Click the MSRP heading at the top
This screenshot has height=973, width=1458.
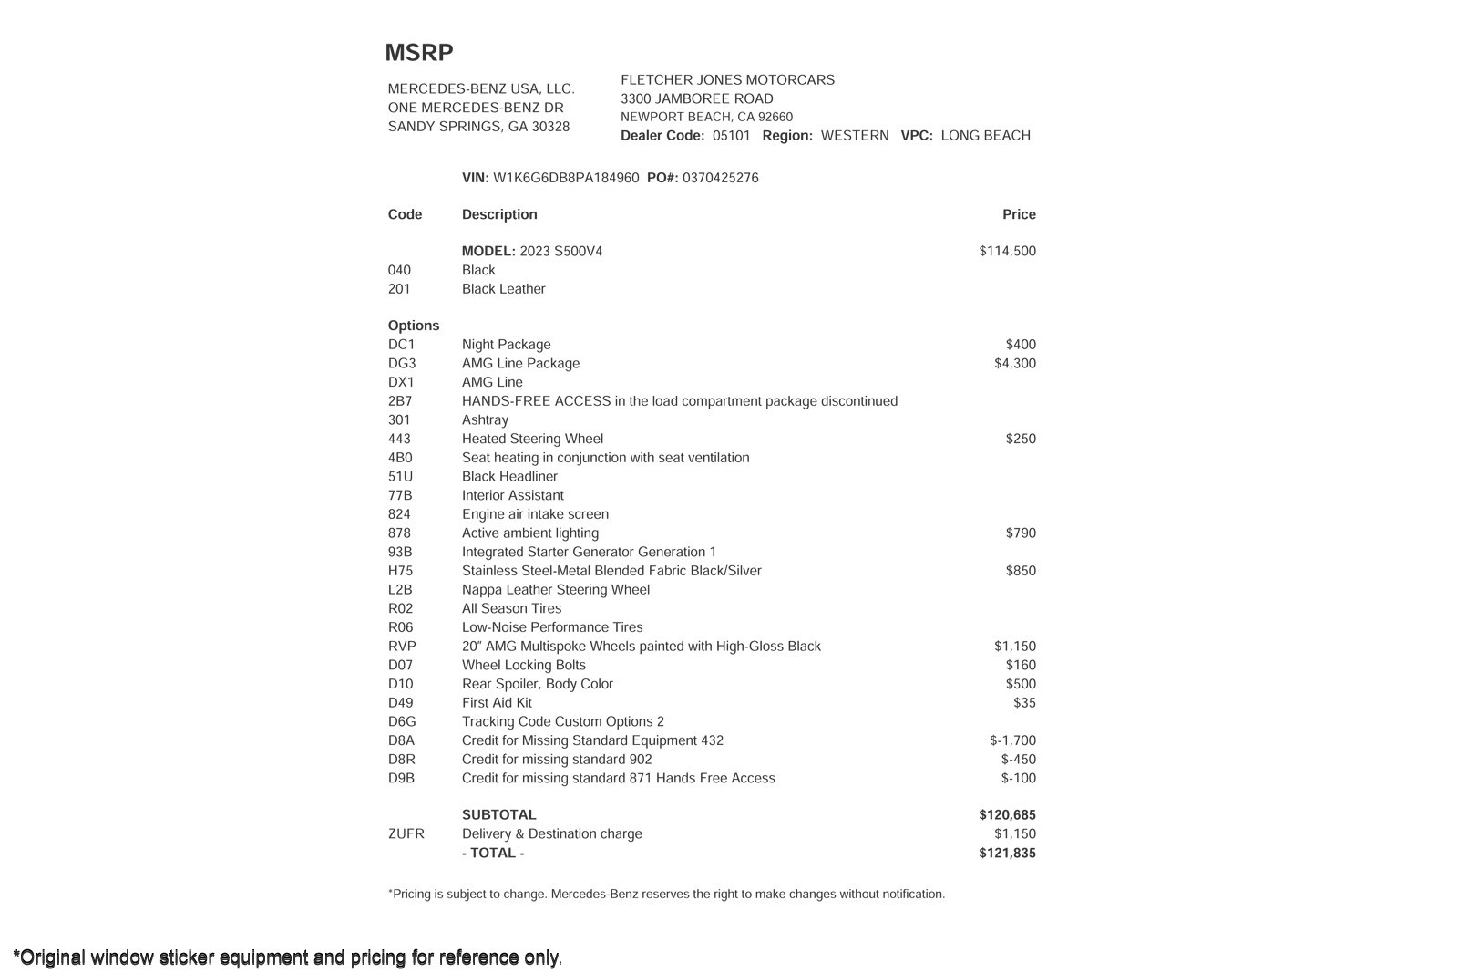coord(418,53)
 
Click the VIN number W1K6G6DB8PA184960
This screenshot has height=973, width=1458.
coord(566,178)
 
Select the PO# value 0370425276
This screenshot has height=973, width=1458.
coord(720,178)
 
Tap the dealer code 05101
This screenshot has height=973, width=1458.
coord(731,136)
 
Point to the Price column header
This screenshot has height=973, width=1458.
coord(1019,214)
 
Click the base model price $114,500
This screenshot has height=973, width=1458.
coord(1007,251)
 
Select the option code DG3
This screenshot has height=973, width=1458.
coord(402,363)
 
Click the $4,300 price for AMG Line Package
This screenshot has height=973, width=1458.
coord(1014,363)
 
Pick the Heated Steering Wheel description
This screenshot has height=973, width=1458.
coord(532,439)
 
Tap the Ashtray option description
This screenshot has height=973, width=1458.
coord(485,419)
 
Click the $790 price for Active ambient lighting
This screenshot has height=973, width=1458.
coord(1021,533)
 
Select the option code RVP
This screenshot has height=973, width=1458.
coord(402,646)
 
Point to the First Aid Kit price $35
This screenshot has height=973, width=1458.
coord(1024,702)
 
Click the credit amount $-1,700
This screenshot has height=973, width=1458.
coord(1012,740)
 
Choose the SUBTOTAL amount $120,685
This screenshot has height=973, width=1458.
coord(1007,814)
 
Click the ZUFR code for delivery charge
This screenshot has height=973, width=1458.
coord(406,833)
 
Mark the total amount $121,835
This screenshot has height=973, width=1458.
coord(1007,853)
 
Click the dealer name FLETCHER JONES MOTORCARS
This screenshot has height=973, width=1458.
coord(727,80)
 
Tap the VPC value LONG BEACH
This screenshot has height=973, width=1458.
coord(985,136)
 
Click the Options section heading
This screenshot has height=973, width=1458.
coord(414,326)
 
